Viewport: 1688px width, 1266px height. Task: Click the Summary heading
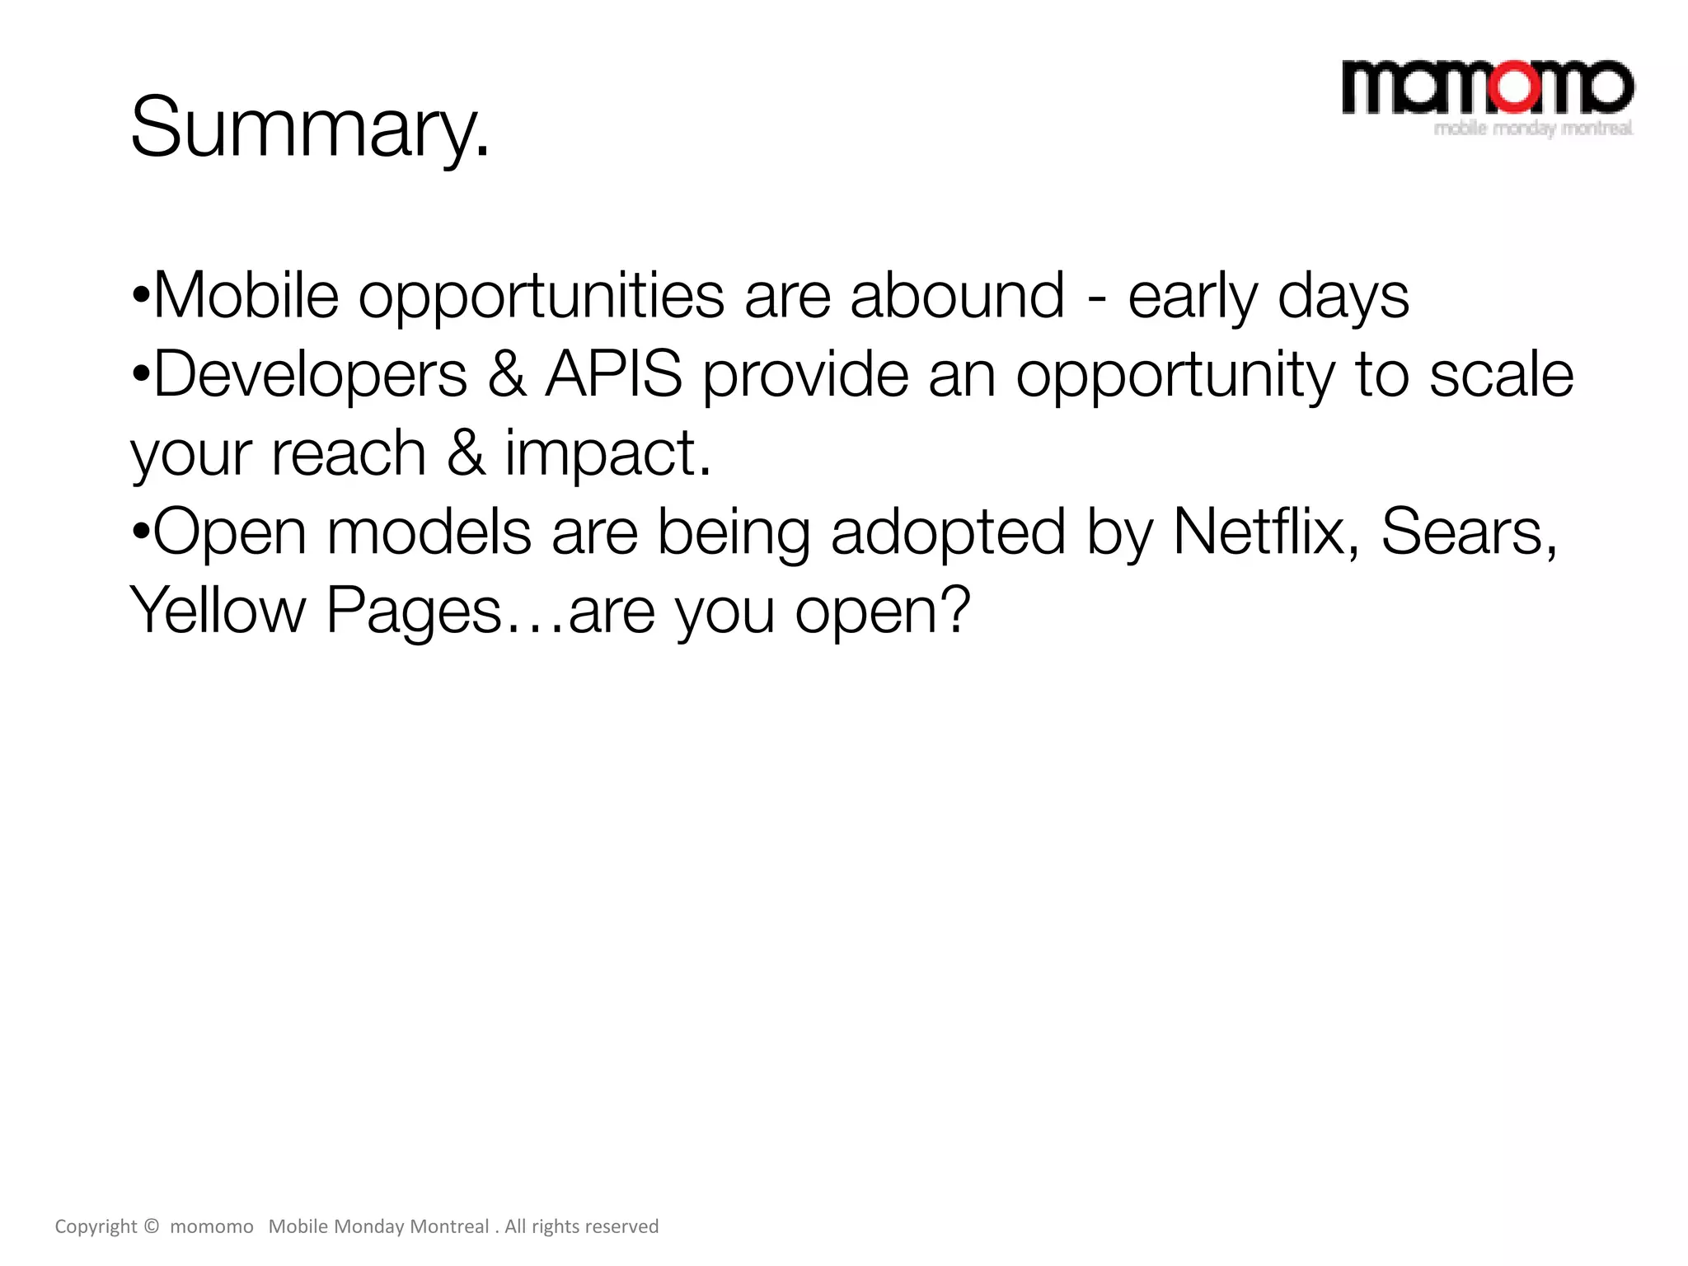(310, 128)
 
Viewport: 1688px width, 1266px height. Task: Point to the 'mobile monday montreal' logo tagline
(1533, 129)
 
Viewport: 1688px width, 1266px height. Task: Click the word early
(1193, 297)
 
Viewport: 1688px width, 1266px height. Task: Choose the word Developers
(310, 375)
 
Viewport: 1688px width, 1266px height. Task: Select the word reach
(348, 453)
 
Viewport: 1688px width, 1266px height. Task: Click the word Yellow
(218, 610)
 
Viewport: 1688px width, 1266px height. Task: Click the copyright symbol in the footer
(150, 1226)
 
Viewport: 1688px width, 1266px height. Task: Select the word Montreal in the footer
(449, 1226)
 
